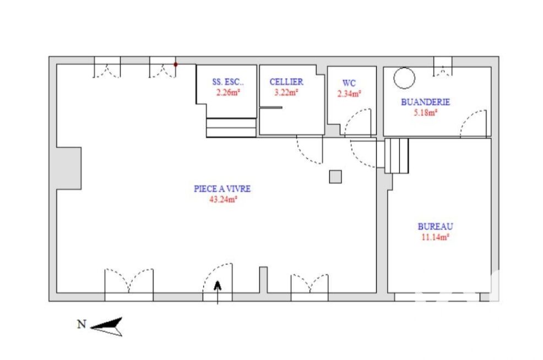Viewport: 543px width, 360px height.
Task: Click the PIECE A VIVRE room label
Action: click(222, 189)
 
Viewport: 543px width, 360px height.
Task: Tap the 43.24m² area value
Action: click(223, 199)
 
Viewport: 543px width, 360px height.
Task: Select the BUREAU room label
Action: click(435, 226)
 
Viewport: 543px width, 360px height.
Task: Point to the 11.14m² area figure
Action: click(435, 237)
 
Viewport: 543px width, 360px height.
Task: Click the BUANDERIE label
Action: click(425, 102)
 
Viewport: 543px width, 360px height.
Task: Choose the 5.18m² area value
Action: click(425, 112)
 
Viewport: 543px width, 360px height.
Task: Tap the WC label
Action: click(349, 83)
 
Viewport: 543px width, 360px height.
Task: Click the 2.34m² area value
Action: click(349, 94)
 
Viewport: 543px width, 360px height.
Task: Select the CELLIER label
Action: click(286, 81)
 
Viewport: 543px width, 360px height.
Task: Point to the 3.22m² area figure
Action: click(286, 92)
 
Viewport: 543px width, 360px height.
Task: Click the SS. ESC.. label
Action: click(228, 82)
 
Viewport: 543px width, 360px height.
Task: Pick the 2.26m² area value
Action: click(228, 92)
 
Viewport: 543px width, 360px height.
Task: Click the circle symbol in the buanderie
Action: click(404, 68)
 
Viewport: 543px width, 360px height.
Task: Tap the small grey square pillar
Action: click(335, 177)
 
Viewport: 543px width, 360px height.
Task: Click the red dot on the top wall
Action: click(176, 64)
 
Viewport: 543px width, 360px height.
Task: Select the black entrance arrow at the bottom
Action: click(218, 292)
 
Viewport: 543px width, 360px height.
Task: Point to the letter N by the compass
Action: click(82, 324)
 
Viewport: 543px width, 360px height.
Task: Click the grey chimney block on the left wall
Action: click(69, 168)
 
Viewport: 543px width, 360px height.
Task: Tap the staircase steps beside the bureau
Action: click(397, 156)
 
